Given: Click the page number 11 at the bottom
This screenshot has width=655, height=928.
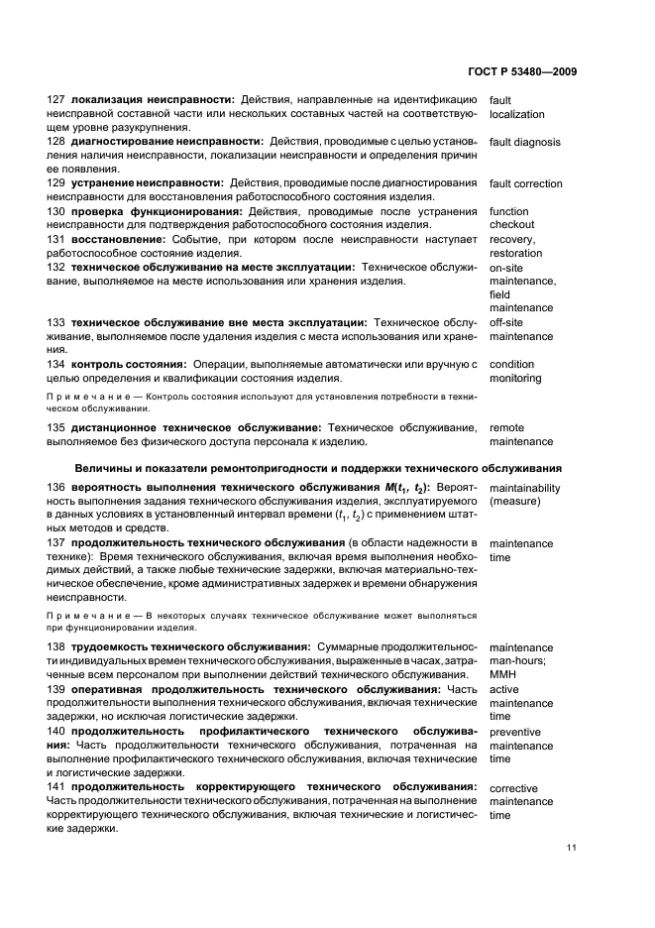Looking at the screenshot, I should [x=572, y=848].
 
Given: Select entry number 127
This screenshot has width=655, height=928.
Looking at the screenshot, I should [x=55, y=100].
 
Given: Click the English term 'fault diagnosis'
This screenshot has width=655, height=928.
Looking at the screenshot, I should [x=524, y=142].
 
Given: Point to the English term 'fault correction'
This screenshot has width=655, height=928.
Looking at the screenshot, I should [x=525, y=183].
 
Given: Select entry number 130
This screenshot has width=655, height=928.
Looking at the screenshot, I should [x=55, y=211].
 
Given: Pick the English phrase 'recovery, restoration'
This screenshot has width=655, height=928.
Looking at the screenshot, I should [x=515, y=246].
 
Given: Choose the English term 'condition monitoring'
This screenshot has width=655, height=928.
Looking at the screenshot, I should [x=515, y=371].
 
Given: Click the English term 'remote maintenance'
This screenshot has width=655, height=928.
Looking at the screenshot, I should [x=521, y=434].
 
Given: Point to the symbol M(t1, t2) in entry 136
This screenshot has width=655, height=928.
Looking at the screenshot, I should [x=402, y=488].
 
